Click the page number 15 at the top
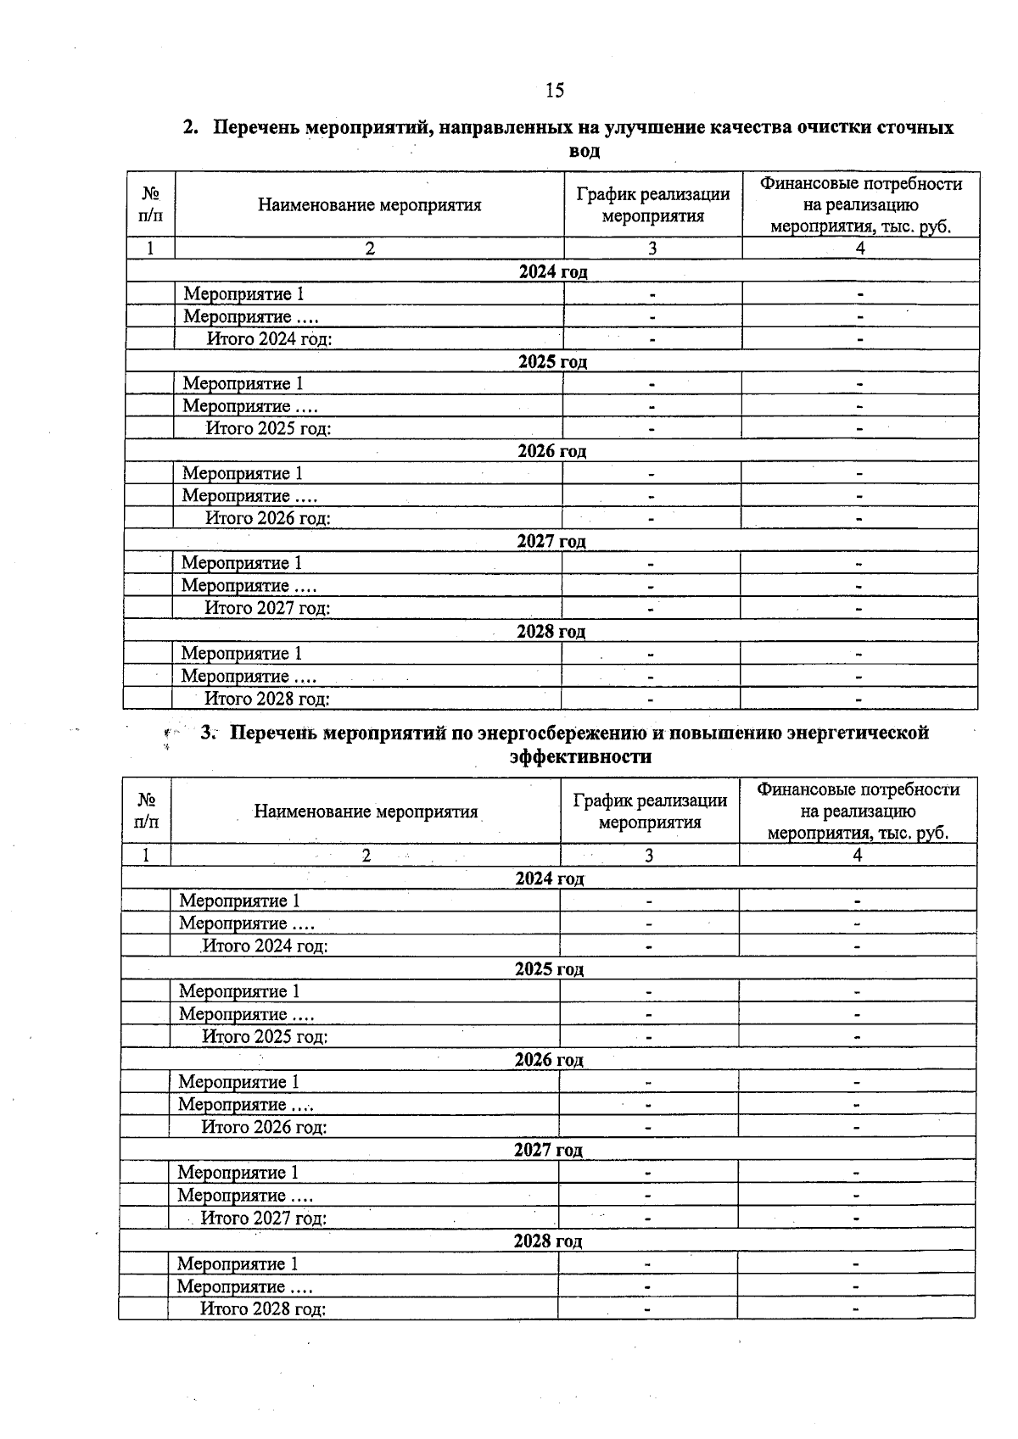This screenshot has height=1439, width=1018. (x=555, y=91)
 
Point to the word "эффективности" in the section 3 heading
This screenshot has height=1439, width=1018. (x=580, y=756)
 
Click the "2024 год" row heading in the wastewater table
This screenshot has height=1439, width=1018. (x=552, y=271)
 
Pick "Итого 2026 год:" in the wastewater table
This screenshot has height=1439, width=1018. (x=267, y=518)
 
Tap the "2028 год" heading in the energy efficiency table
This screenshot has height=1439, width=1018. (x=548, y=1241)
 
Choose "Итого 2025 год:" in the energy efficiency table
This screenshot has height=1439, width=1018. (x=265, y=1036)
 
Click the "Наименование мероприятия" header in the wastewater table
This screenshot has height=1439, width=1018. (x=369, y=205)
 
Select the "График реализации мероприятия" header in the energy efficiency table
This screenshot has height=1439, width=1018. (x=650, y=812)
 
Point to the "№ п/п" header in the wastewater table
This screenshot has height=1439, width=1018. (x=150, y=205)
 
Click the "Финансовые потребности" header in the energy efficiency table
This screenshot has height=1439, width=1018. (x=858, y=812)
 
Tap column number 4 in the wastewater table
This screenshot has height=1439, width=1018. (x=860, y=248)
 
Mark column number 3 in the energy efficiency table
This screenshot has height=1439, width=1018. (x=649, y=855)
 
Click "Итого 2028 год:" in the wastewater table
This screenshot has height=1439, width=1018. (x=266, y=699)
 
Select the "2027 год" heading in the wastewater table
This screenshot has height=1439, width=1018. (x=551, y=541)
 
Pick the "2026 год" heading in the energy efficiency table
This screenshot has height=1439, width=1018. (x=549, y=1060)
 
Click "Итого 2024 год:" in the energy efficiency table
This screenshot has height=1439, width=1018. (x=265, y=945)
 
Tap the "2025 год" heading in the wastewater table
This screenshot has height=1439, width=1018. (x=552, y=361)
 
